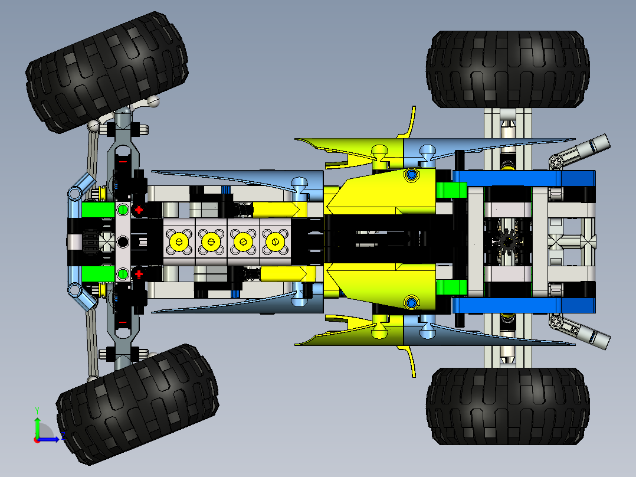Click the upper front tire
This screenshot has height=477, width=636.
point(107,71)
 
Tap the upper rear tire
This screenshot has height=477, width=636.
point(507,69)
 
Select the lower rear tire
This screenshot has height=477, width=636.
point(507,406)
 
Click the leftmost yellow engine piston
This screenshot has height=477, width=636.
point(179,241)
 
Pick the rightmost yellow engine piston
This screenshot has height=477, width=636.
point(274,241)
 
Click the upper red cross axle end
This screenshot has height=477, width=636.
point(139,210)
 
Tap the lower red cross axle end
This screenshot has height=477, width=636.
point(139,273)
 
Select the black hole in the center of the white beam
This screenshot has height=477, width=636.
point(123,241)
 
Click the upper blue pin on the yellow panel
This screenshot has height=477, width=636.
point(411,175)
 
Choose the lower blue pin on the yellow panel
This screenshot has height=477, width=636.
point(411,303)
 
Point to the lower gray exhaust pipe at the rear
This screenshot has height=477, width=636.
point(593,337)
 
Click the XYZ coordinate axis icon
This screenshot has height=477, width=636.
point(44,429)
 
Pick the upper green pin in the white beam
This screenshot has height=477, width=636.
point(123,210)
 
